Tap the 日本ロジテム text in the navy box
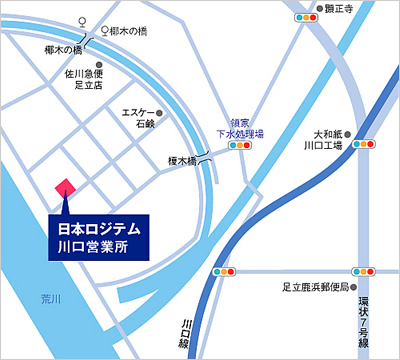[x=98, y=229]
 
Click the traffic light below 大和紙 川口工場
[x=364, y=144]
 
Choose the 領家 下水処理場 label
[x=239, y=127]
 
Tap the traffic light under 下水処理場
[x=239, y=146]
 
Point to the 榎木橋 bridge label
[x=182, y=158]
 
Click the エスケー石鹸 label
[x=137, y=117]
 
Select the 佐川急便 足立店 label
[x=87, y=79]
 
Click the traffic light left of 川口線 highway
[x=224, y=271]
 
